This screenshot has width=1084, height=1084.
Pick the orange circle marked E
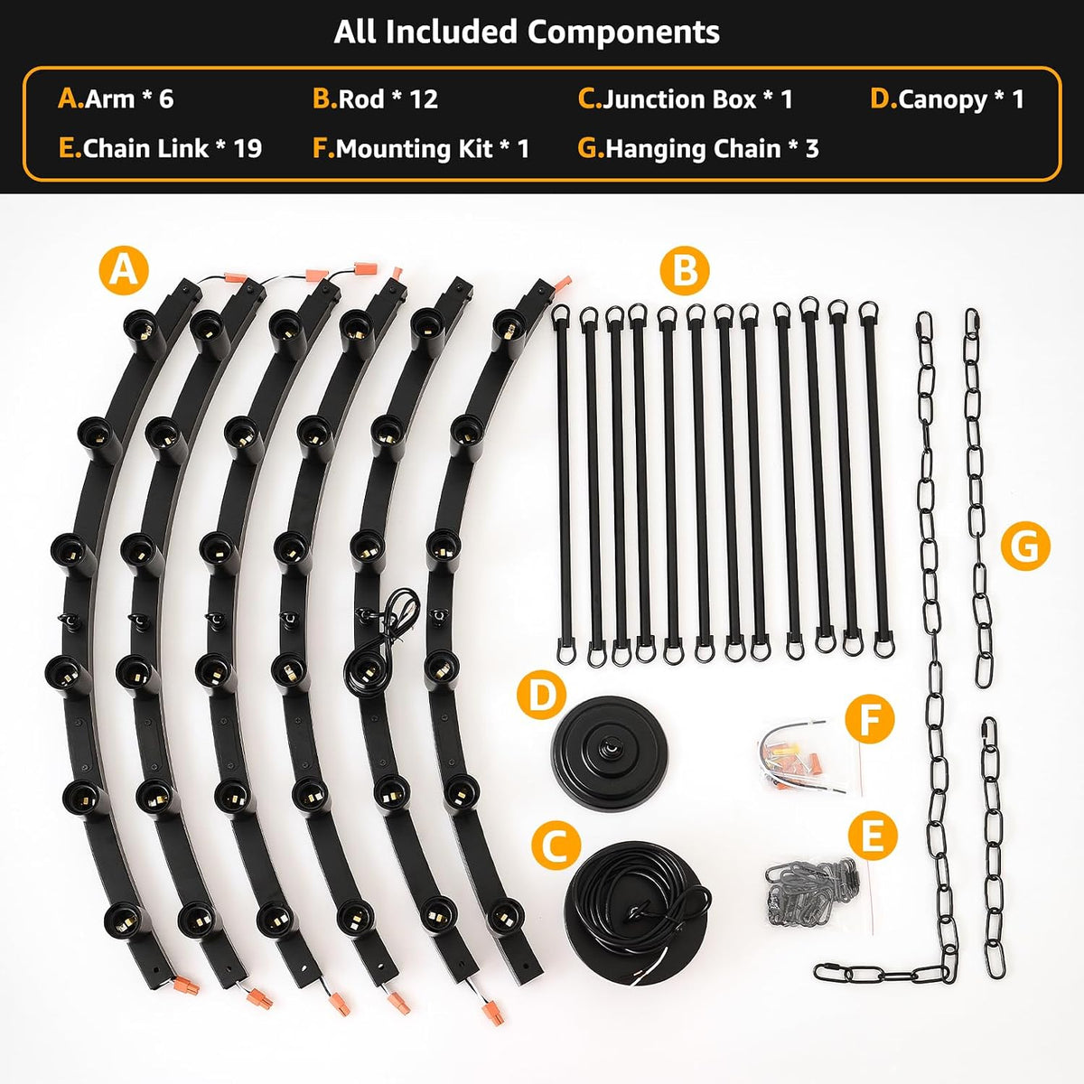(873, 836)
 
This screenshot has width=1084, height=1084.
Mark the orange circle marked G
(1025, 547)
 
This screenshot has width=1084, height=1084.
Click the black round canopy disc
(609, 753)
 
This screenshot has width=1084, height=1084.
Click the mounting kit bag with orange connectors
(799, 757)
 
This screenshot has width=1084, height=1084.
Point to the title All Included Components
(527, 32)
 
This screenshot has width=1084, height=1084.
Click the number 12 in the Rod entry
(424, 99)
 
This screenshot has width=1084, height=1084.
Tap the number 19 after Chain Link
(248, 149)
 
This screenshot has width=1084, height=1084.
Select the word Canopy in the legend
(943, 100)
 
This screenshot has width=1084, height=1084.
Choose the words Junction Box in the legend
(680, 99)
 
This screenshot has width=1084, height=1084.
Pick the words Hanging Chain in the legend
(693, 150)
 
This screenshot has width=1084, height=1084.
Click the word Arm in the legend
(109, 99)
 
